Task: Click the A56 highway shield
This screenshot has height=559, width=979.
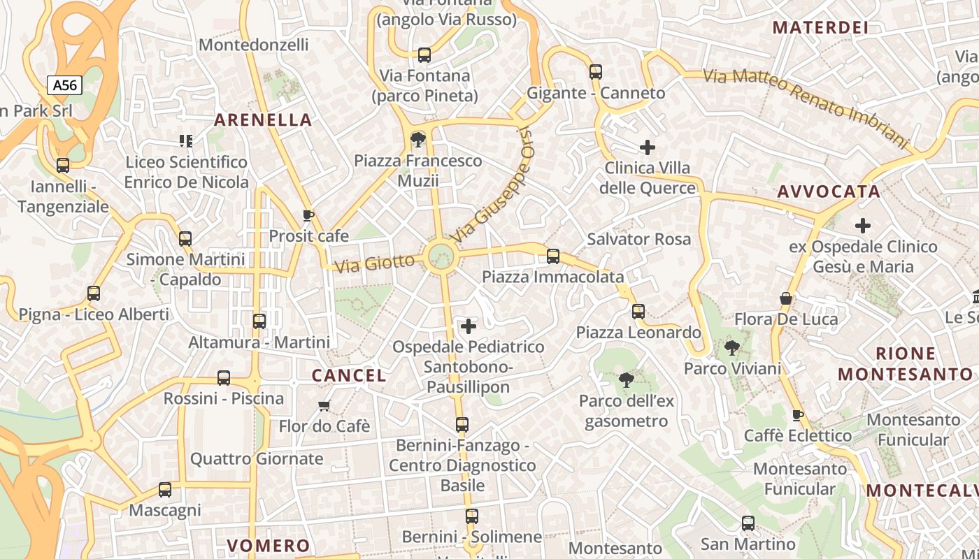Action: click(x=65, y=85)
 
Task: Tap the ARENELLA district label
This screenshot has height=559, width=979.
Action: click(x=263, y=119)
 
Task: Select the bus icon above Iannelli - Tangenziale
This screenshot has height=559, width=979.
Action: click(x=63, y=166)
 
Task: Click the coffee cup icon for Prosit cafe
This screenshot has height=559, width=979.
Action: click(x=308, y=215)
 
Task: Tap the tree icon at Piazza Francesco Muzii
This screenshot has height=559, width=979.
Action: click(x=418, y=139)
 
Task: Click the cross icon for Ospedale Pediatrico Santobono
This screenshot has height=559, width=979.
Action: click(x=469, y=326)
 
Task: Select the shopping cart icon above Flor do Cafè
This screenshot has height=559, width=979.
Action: click(x=324, y=405)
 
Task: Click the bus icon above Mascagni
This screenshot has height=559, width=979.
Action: click(x=165, y=490)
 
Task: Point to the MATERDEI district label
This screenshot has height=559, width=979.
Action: click(x=820, y=28)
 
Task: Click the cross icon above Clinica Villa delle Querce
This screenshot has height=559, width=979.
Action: click(x=648, y=147)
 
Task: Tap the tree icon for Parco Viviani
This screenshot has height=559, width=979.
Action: click(x=731, y=347)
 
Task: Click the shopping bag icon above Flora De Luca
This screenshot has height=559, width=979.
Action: click(x=786, y=299)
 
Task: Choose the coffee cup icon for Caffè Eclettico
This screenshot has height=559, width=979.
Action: click(x=797, y=415)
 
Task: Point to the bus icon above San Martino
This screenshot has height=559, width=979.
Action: click(x=748, y=523)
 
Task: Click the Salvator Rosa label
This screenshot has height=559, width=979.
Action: click(x=638, y=239)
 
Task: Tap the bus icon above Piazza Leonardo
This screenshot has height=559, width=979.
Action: click(x=638, y=312)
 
